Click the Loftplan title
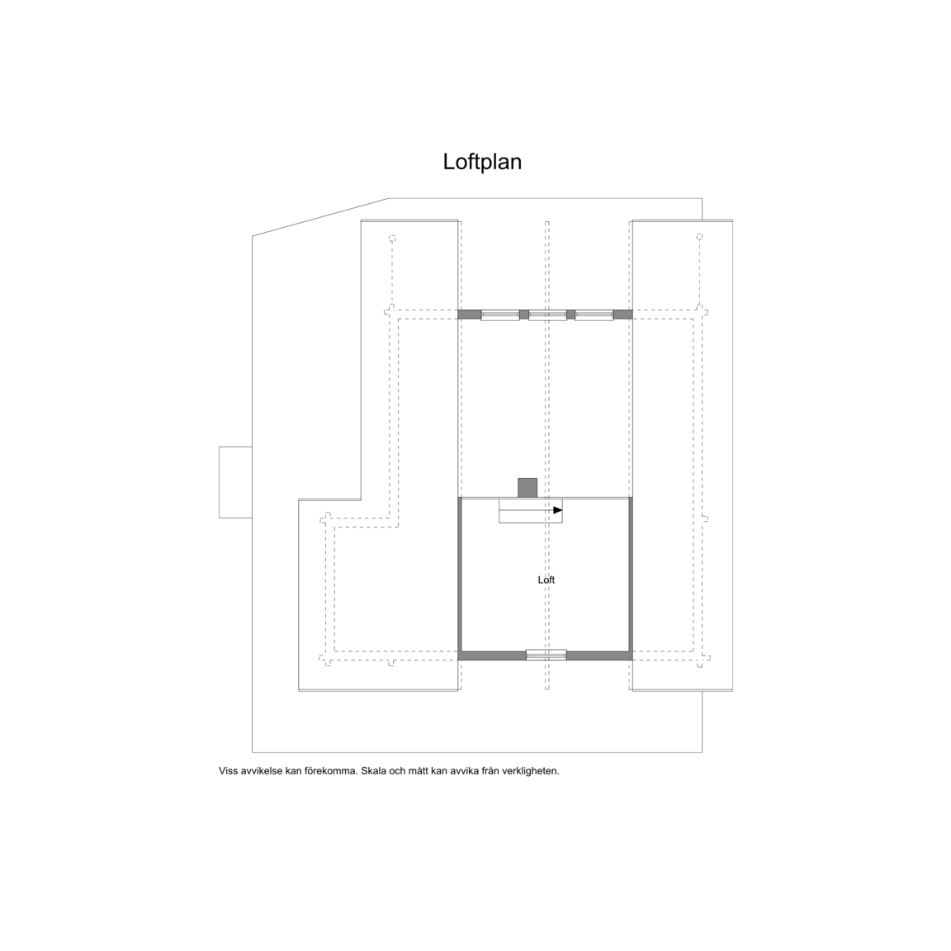click(482, 162)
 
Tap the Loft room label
click(546, 580)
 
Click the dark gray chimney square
click(527, 488)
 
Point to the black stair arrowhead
click(558, 510)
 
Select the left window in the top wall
click(500, 315)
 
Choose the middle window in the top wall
click(547, 315)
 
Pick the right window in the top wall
click(594, 315)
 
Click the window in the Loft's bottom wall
click(546, 655)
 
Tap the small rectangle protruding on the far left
click(235, 482)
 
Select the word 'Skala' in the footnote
click(374, 772)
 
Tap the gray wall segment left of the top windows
click(470, 315)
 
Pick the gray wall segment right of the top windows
click(623, 315)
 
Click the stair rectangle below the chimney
click(531, 511)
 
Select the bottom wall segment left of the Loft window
click(492, 655)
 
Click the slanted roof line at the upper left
click(320, 217)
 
